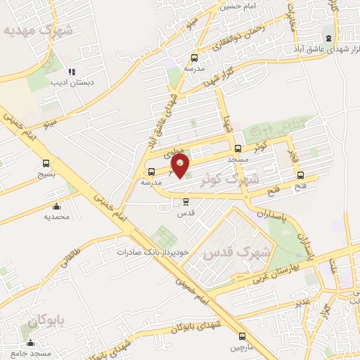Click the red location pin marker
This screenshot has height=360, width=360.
pyautogui.click(x=181, y=166)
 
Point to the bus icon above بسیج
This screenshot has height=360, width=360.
pyautogui.click(x=46, y=163)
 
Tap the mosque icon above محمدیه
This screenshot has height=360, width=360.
pyautogui.click(x=57, y=206)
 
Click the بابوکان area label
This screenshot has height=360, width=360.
pyautogui.click(x=46, y=322)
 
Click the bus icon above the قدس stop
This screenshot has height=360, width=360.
pyautogui.click(x=186, y=201)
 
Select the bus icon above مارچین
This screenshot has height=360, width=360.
pyautogui.click(x=237, y=337)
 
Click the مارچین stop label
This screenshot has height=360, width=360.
pyautogui.click(x=237, y=347)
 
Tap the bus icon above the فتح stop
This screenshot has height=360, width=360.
pyautogui.click(x=301, y=175)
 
